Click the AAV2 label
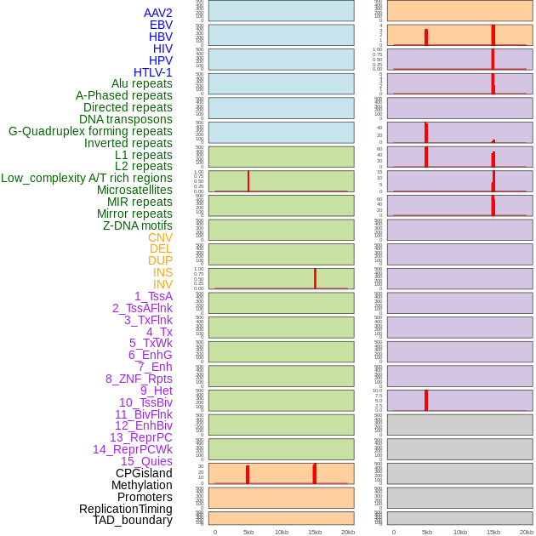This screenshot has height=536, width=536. (157, 13)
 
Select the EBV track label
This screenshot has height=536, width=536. (160, 25)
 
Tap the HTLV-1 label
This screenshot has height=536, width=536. (152, 72)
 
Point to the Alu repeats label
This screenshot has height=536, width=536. (141, 83)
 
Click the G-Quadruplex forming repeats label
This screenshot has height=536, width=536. (90, 131)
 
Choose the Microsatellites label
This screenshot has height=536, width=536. (134, 190)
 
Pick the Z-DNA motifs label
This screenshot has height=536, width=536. (137, 225)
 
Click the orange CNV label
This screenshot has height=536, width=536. (160, 237)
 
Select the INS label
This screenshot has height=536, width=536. (163, 272)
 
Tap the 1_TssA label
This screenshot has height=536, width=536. (153, 296)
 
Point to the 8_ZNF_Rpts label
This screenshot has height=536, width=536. (139, 379)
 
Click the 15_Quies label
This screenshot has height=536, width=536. (146, 461)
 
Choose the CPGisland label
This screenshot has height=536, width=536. (144, 473)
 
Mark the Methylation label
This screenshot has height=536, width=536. (141, 485)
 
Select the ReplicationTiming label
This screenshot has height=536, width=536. (126, 509)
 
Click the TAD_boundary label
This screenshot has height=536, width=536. (133, 520)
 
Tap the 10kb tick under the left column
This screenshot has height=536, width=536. (282, 532)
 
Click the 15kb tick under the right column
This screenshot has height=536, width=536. (493, 532)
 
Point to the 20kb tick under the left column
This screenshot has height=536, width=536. (348, 532)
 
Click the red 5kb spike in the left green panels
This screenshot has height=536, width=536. (248, 181)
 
